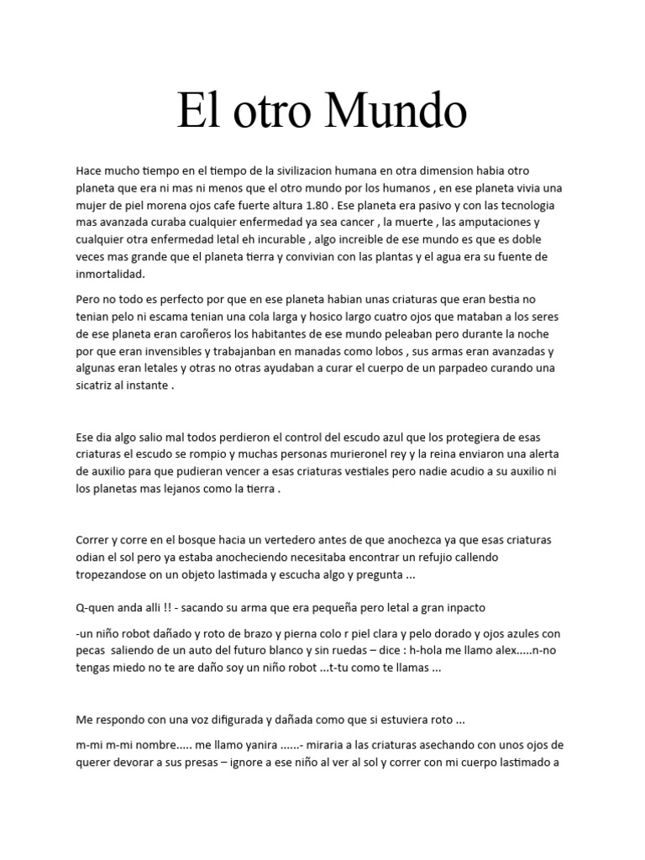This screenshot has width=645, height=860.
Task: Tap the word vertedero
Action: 308,538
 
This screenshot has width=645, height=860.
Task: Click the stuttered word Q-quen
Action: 94,607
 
